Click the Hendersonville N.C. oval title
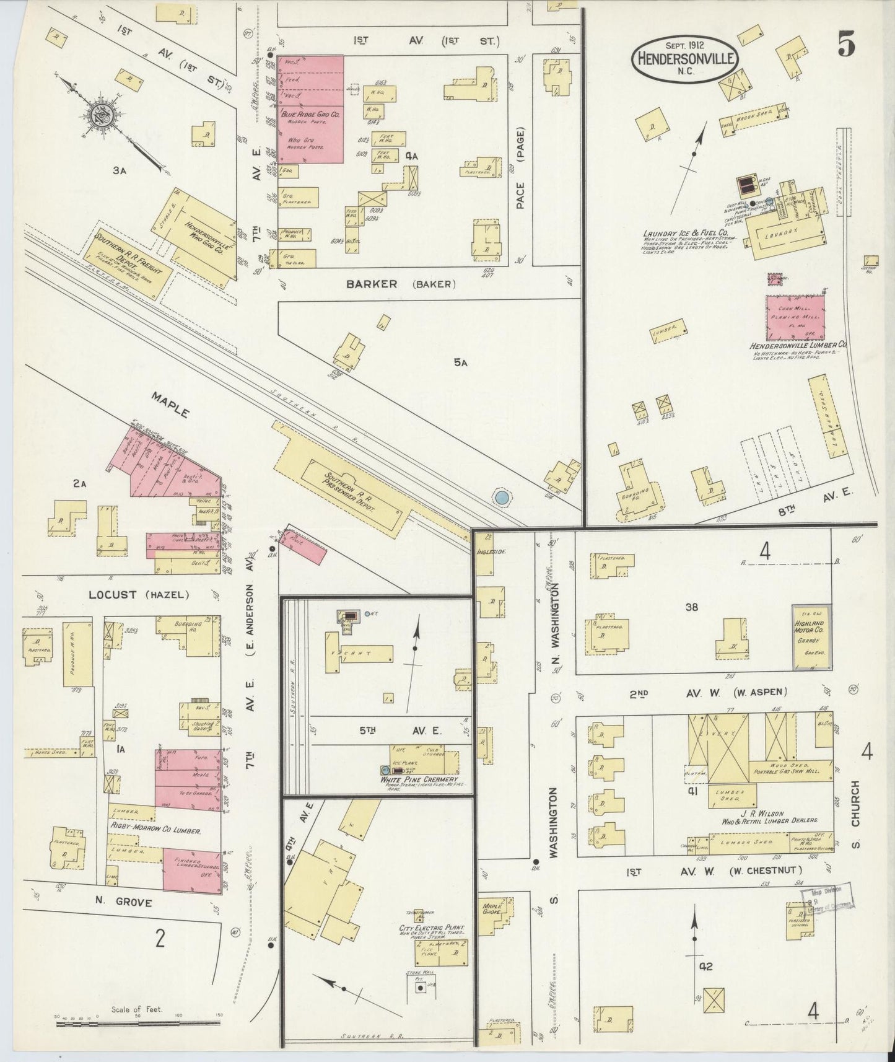684,59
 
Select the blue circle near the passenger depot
502,496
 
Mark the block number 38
691,607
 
